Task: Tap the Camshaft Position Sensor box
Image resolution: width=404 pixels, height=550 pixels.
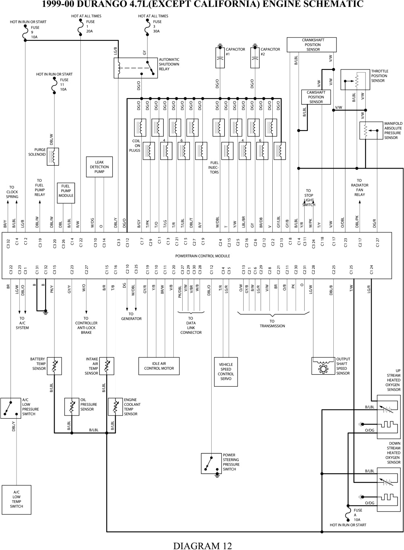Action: (316, 97)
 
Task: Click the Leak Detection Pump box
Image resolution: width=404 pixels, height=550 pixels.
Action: (99, 167)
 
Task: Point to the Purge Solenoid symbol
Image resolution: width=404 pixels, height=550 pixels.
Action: (53, 156)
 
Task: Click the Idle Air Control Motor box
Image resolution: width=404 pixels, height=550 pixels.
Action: (159, 366)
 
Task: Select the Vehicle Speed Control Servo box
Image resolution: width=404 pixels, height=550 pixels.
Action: (226, 371)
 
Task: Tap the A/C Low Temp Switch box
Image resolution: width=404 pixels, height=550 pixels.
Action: (17, 499)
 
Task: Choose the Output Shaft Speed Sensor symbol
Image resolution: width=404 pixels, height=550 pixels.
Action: (323, 366)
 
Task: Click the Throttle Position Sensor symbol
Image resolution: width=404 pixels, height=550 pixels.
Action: (355, 80)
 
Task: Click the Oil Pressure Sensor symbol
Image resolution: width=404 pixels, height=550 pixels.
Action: (72, 407)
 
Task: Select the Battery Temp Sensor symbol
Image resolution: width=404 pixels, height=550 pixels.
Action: (55, 366)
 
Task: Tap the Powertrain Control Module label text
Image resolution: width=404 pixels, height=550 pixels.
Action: (202, 256)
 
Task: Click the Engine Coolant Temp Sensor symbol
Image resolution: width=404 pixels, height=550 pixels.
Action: (116, 407)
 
